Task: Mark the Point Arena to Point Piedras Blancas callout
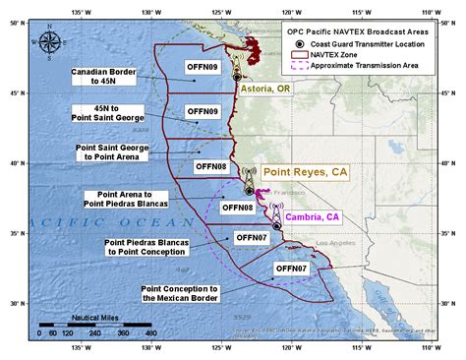tap(124, 199)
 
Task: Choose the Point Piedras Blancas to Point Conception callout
tap(144, 245)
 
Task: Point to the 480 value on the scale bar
tap(150, 333)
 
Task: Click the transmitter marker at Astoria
tap(237, 76)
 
